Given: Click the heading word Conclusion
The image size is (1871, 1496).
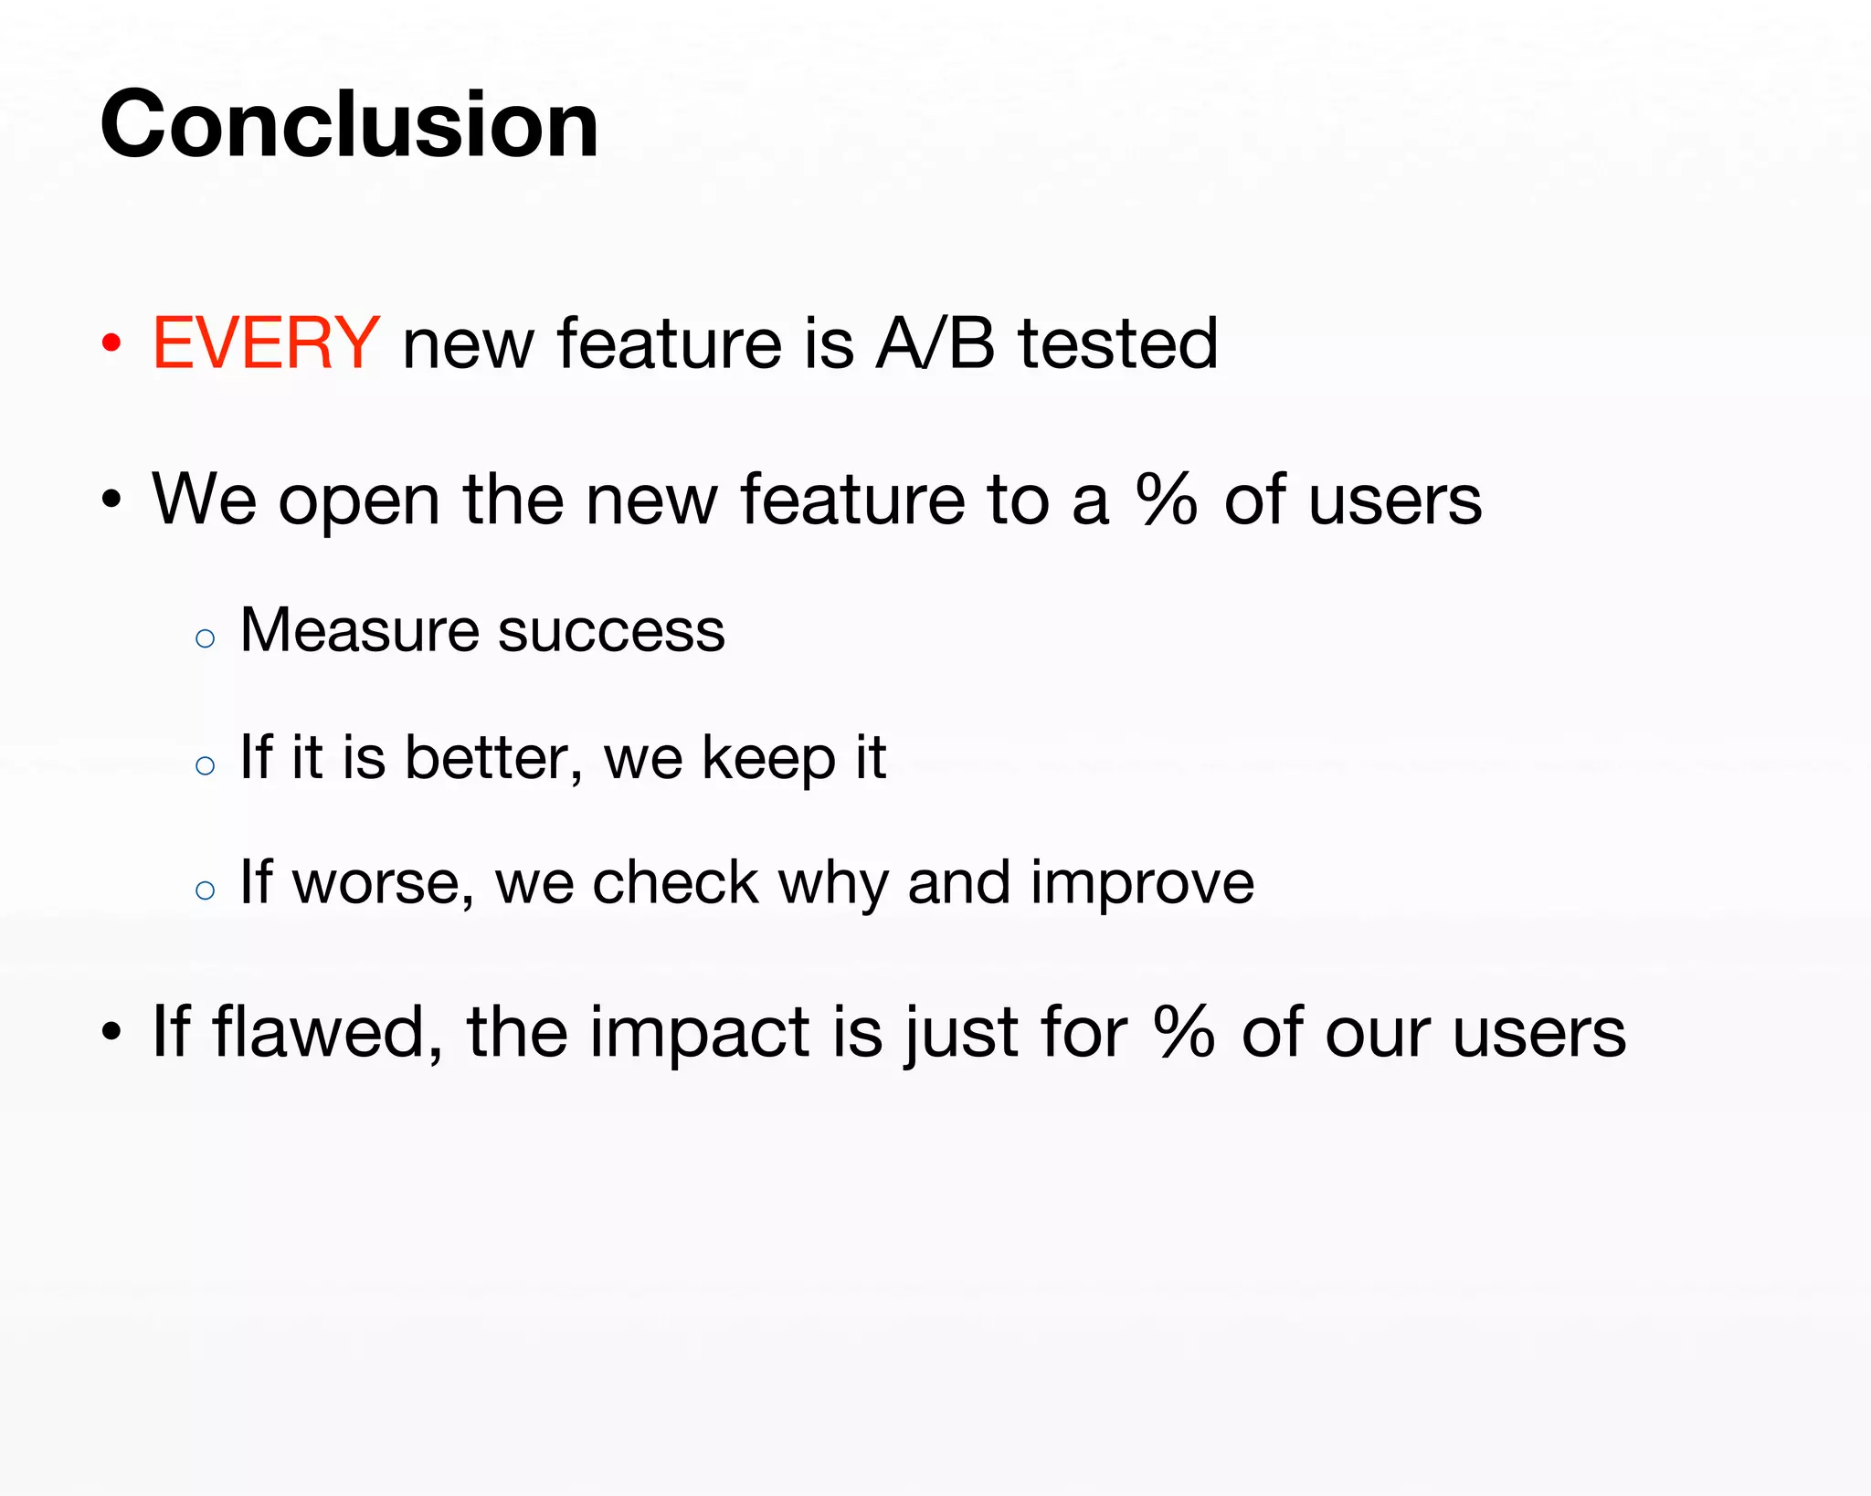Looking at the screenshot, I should coord(349,125).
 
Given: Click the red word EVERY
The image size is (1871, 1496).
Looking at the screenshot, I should coord(265,343).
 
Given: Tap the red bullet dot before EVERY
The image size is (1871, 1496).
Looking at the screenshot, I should coord(111,344).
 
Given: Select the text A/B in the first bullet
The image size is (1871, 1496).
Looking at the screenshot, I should coord(935,343).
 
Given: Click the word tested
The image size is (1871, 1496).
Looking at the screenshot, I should coord(1118,343).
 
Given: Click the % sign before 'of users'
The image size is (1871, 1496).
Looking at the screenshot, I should coord(1167,500).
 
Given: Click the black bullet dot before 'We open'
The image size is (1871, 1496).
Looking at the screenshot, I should coord(111,500).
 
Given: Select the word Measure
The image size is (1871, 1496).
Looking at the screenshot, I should coord(357,630).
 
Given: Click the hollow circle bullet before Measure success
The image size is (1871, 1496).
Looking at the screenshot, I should coord(206,638).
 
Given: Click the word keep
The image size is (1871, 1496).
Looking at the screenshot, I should coord(768,759).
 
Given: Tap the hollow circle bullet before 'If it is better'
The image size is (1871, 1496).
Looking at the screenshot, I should coord(206,765).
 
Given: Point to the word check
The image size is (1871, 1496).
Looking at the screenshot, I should coord(675,882).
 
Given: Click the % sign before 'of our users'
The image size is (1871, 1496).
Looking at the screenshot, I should coord(1184,1032).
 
